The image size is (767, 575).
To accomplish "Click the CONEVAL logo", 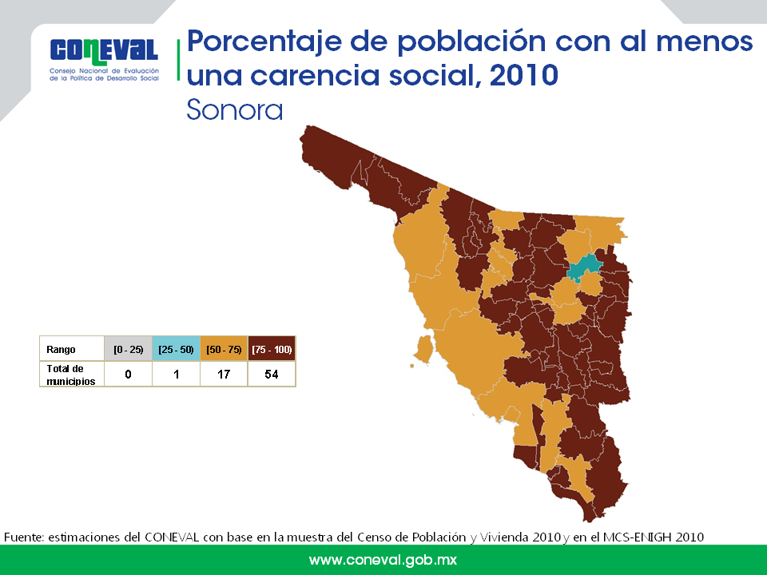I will [105, 57].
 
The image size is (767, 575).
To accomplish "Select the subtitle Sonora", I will [235, 109].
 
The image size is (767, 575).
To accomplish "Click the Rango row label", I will [62, 350].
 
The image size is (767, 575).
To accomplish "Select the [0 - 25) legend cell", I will [128, 350].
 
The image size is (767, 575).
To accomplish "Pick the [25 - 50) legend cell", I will [176, 350].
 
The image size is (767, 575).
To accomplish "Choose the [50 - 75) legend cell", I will [224, 350].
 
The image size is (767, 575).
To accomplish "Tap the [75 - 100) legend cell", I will [272, 350].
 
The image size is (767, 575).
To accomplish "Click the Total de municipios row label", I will [71, 375].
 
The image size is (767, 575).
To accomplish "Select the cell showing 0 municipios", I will [128, 375].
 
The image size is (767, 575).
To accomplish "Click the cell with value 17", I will [224, 375].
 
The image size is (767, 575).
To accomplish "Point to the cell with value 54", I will [272, 375].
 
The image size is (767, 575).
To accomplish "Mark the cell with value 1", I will [176, 375].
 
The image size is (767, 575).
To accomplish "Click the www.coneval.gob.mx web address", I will [383, 561].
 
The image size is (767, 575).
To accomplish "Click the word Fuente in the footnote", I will [24, 537].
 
